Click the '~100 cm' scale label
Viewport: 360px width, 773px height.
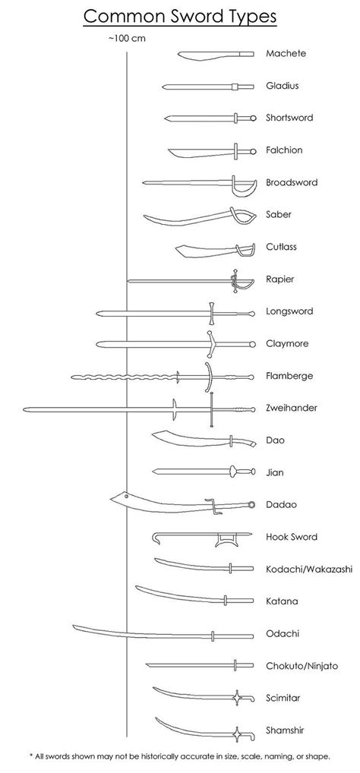127,39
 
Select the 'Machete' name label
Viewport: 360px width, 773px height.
286,53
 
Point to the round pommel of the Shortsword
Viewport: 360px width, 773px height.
253,118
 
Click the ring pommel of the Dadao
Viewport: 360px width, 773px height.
252,505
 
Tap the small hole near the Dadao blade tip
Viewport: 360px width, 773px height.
127,496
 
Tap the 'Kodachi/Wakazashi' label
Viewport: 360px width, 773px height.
309,569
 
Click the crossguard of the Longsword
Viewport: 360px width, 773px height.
211,314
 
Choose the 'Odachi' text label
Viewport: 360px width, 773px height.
283,634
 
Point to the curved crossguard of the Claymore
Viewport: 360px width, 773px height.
211,344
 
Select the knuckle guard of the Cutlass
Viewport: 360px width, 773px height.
245,251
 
